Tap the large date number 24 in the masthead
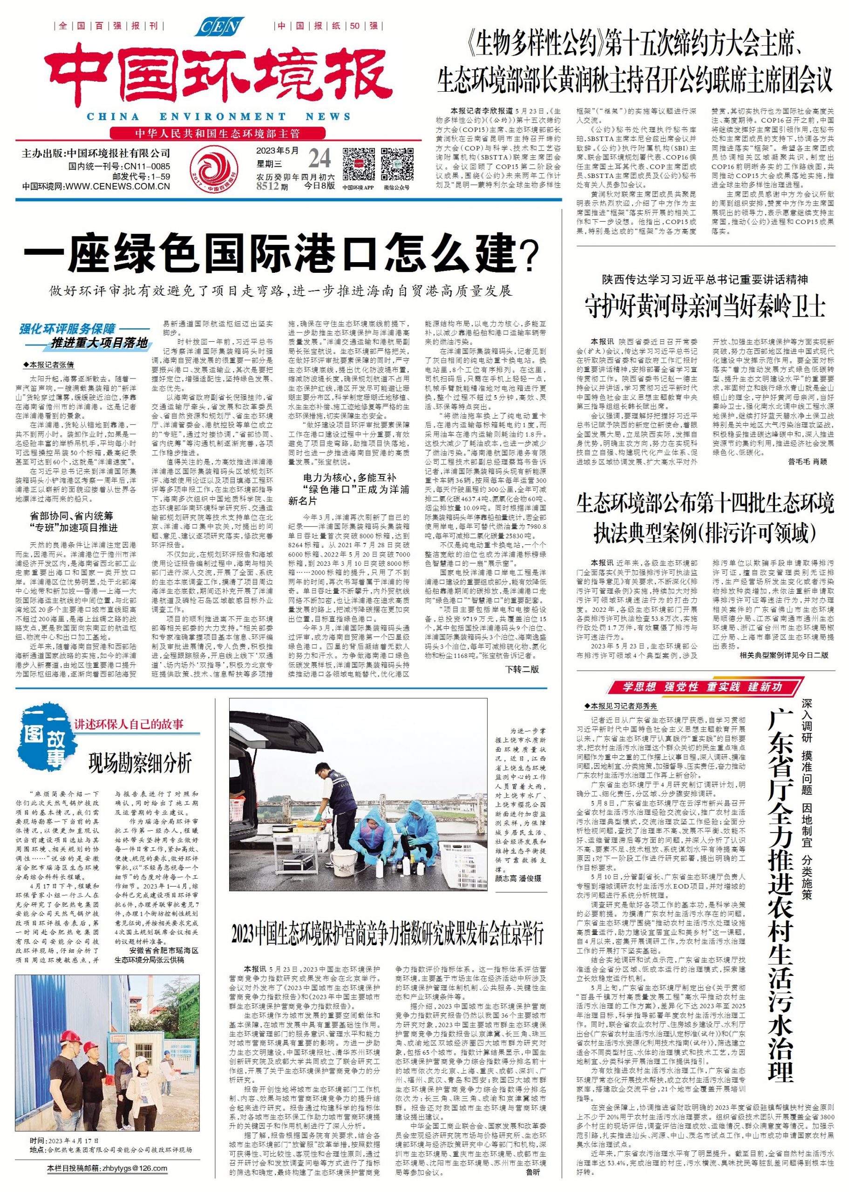319,158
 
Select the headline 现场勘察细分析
140,764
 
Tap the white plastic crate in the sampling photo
461,862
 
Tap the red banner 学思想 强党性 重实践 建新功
702,687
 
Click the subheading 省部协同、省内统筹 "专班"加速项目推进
74,522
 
